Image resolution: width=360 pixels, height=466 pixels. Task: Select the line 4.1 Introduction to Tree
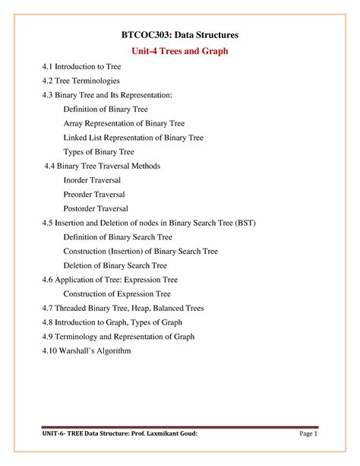pos(87,68)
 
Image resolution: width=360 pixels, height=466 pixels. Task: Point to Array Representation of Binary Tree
pos(124,123)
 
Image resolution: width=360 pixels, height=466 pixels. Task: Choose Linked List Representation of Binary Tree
pos(133,138)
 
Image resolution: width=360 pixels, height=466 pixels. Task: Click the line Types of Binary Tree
pos(98,152)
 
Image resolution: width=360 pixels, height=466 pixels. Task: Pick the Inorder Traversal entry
pos(92,180)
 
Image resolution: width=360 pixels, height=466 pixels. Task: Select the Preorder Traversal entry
pos(94,195)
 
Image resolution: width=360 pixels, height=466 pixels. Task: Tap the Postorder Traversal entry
pos(96,208)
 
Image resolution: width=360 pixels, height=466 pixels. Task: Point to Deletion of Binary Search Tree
pos(115,265)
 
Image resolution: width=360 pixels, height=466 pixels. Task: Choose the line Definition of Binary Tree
pos(105,109)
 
